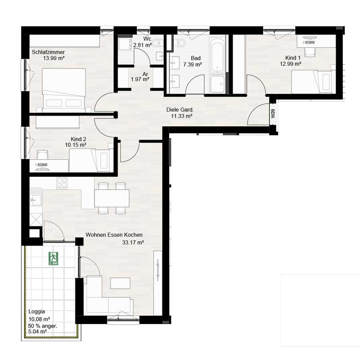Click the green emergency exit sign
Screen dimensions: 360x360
(x=53, y=258)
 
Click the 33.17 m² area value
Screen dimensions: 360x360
(x=133, y=243)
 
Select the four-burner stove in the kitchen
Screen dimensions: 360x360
(x=62, y=183)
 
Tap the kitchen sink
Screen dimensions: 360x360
(x=36, y=197)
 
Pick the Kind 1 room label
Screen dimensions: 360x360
(x=293, y=58)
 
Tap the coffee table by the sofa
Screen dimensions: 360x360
(x=120, y=283)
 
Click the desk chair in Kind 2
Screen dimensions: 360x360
(x=43, y=154)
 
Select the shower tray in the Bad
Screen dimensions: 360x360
(x=217, y=84)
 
